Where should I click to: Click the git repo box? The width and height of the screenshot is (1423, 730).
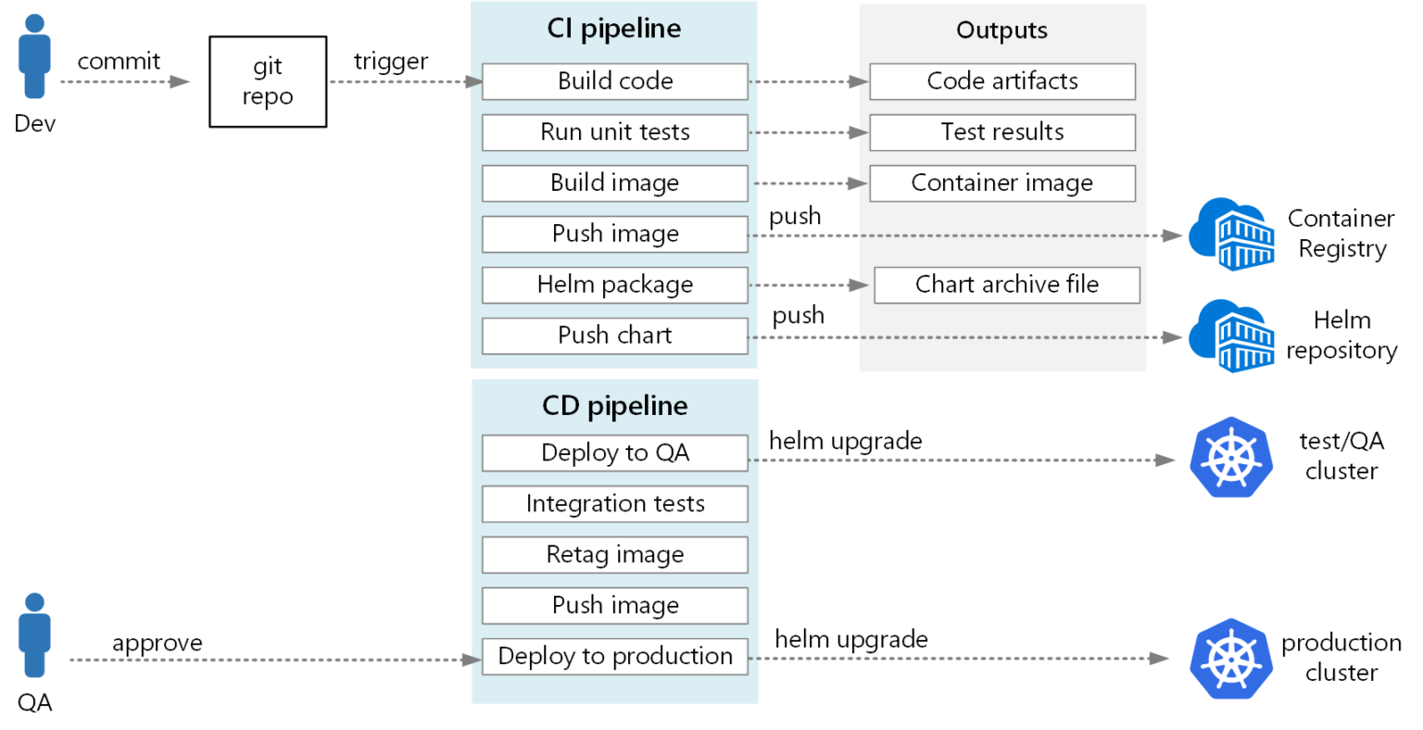268,82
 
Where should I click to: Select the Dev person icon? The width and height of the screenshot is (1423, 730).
34,57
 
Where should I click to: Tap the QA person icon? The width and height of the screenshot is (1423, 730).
34,636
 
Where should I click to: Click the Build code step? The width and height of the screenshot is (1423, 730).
614,82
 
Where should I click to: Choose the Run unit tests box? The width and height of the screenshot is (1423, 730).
614,132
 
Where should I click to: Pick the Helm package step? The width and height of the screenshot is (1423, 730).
614,285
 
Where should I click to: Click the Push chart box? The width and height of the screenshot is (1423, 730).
614,335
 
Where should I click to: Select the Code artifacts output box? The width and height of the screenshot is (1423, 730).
1001,82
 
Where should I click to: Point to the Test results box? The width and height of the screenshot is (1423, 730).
1001,132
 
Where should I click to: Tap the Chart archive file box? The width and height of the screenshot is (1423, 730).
1006,285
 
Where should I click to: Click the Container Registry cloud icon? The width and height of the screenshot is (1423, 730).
1230,234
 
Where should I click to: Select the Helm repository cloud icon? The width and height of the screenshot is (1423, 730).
1230,335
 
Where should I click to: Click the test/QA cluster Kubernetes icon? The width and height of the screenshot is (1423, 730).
1230,458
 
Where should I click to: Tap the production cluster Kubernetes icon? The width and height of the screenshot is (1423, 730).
1230,659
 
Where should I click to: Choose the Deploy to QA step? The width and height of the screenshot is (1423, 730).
614,453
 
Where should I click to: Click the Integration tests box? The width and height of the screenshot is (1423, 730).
614,504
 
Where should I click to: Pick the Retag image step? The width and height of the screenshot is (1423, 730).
614,555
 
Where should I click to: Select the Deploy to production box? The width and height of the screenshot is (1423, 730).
614,657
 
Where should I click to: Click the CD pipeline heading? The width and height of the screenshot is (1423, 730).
614,406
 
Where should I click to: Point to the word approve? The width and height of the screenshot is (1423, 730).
157,643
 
